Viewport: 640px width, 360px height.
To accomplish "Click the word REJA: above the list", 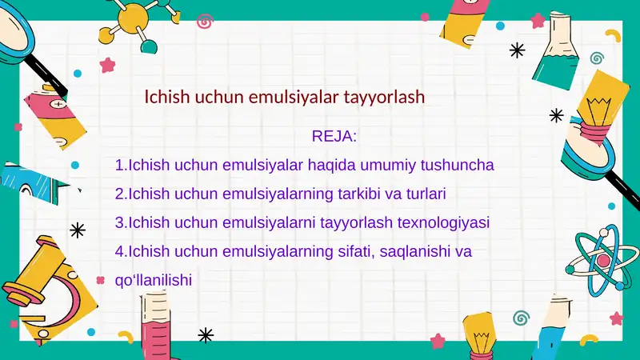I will pyautogui.click(x=334, y=136).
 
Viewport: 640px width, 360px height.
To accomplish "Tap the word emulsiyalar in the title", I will pyautogui.click(x=294, y=97).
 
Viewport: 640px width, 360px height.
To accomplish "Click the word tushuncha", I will pyautogui.click(x=457, y=165).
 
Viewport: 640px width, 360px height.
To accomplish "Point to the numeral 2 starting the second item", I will pyautogui.click(x=119, y=194).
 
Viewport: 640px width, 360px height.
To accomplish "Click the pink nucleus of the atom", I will pyautogui.click(x=603, y=261).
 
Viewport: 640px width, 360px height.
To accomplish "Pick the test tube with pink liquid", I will pyautogui.click(x=152, y=324).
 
